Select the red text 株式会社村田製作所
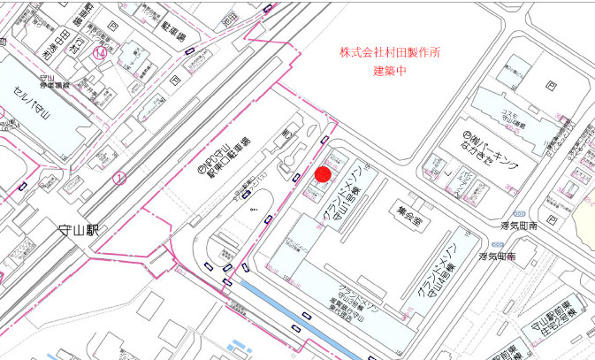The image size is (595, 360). [x=390, y=52]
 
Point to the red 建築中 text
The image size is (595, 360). [x=390, y=70]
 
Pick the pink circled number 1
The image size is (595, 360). [x=119, y=178]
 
